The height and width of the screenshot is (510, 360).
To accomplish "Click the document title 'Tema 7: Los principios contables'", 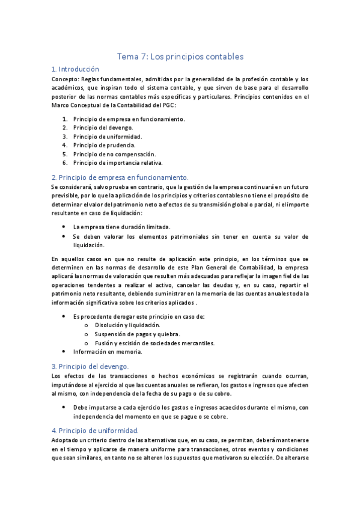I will click(x=180, y=57).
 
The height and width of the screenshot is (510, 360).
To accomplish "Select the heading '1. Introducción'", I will click(x=75, y=69).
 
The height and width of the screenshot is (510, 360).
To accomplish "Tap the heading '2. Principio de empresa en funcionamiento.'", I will click(x=120, y=177).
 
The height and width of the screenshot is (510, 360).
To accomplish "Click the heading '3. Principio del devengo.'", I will click(x=90, y=366).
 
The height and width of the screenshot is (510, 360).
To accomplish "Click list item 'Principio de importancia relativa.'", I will click(x=118, y=162).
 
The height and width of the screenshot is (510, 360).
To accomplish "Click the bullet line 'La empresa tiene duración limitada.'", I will click(x=121, y=227).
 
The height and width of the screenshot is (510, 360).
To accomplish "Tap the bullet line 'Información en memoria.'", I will click(x=108, y=352).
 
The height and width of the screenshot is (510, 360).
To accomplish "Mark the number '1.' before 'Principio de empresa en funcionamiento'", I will click(x=64, y=119).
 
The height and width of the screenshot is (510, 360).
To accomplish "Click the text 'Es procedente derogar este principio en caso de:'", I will click(x=139, y=316).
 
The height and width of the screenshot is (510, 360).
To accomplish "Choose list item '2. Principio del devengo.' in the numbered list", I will click(x=103, y=127).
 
